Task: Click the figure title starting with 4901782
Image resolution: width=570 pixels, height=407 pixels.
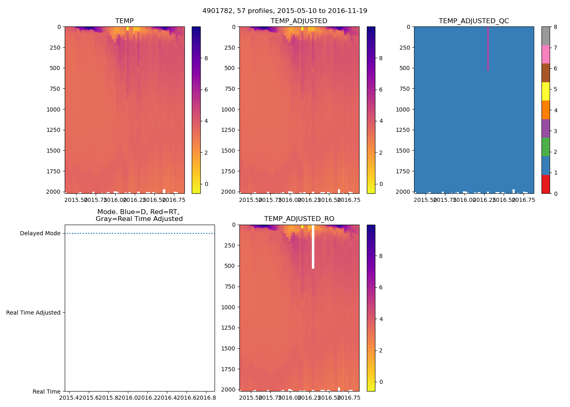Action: tap(285, 11)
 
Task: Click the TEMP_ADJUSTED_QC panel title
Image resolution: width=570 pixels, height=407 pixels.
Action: tap(474, 21)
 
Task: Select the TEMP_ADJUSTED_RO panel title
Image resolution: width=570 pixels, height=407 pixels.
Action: tap(299, 219)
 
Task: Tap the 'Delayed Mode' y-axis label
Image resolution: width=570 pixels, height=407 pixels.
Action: tap(40, 233)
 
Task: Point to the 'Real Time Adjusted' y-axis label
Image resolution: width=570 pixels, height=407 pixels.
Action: tap(33, 313)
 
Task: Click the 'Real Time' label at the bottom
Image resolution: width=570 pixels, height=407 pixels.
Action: tap(46, 392)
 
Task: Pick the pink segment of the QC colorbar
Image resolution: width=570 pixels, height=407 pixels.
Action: tap(546, 54)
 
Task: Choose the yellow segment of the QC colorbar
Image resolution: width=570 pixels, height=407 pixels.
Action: tap(546, 91)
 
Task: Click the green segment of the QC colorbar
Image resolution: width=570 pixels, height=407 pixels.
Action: tap(546, 147)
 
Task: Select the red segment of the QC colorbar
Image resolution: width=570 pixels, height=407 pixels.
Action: tap(546, 184)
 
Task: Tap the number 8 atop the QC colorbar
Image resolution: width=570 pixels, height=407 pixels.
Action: tap(555, 27)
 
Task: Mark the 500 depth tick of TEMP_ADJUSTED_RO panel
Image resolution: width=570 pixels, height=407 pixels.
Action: tap(230, 266)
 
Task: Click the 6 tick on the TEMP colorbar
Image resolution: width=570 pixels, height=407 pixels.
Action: tap(206, 90)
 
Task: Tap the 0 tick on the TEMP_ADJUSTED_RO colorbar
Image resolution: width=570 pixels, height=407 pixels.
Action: tap(381, 382)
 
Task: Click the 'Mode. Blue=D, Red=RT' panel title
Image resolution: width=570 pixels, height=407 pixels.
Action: tap(139, 215)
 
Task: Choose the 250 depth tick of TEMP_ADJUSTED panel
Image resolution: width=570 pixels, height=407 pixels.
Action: tap(230, 48)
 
